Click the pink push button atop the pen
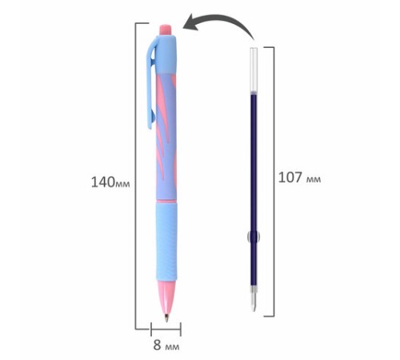[166, 30]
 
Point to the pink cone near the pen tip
[166, 296]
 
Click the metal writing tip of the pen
[166, 318]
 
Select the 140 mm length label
[110, 182]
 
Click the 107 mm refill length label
[299, 178]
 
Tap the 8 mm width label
[166, 345]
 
